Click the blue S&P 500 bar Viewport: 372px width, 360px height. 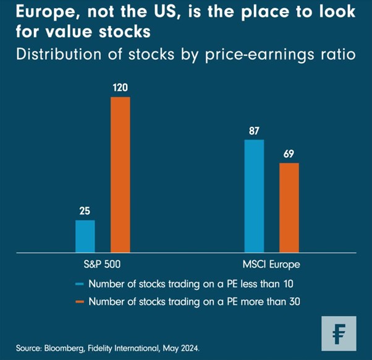[85, 236]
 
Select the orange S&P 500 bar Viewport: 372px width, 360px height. [120, 174]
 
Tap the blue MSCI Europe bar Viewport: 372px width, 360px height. [254, 195]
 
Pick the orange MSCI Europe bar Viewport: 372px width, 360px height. [289, 207]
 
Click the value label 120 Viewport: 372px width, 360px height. [120, 88]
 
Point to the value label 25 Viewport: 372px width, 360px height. [85, 211]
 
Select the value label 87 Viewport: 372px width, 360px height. [254, 131]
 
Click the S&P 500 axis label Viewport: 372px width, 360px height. [103, 264]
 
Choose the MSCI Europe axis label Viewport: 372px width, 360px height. [271, 264]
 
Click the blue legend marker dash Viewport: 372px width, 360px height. [79, 285]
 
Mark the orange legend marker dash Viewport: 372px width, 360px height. [79, 302]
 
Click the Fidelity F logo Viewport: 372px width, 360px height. [339, 333]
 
